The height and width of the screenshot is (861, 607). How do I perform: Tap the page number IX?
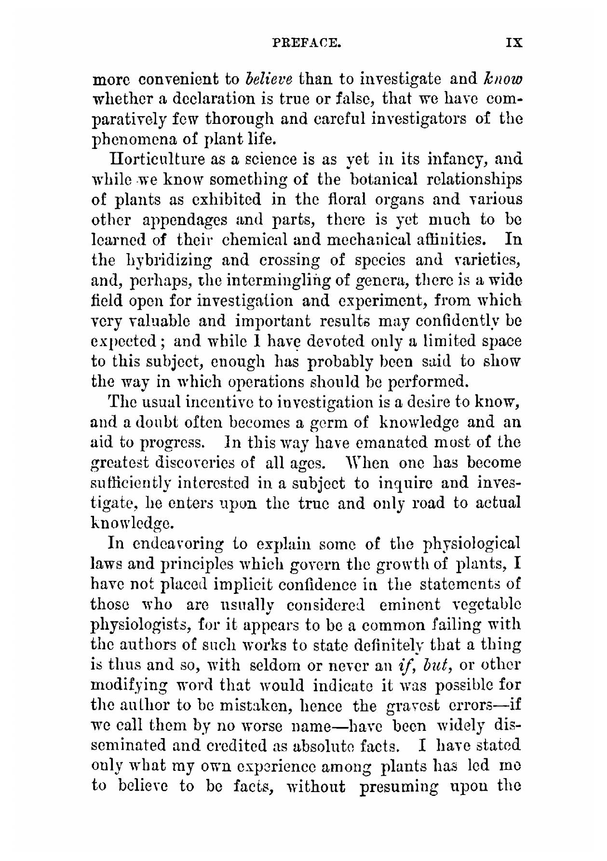(513, 43)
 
